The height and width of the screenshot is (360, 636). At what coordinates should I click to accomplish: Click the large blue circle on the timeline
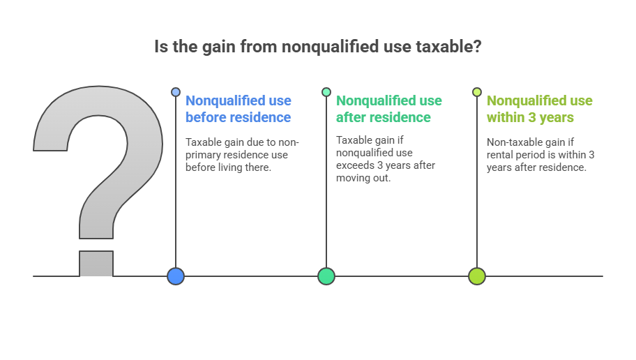(x=176, y=276)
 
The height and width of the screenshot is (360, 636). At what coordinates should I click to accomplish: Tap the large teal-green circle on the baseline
(x=326, y=276)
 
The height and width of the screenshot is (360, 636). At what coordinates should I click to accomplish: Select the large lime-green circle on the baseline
(x=476, y=276)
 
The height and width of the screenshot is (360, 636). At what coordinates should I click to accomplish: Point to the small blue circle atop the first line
(x=176, y=92)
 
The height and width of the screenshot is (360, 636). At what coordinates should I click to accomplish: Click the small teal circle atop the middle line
(x=326, y=92)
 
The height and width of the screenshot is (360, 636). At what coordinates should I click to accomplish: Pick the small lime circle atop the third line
(x=476, y=92)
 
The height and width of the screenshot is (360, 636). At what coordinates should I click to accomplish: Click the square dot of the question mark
(x=96, y=264)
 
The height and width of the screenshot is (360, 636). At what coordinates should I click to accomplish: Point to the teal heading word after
(x=351, y=117)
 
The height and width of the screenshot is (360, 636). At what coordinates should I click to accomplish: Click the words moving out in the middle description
(x=363, y=178)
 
